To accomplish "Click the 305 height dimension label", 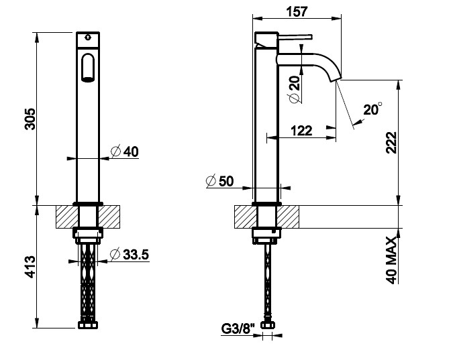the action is [30, 119].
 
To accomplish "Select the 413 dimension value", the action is [30, 267].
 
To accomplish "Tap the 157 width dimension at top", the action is [297, 12].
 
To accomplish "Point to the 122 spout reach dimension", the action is [301, 131].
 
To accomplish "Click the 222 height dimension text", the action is [392, 143].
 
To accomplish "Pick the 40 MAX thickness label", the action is [392, 260].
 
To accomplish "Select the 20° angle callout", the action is [372, 109].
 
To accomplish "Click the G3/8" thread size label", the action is [239, 328].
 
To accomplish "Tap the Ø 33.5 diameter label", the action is [130, 254].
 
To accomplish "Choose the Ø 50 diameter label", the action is [219, 181].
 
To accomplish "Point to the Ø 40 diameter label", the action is [125, 152].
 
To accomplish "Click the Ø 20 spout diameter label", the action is [294, 89].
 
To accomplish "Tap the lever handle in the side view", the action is [295, 37].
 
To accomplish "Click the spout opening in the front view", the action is [88, 68].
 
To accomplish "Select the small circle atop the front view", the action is [88, 38].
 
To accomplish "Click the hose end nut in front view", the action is [88, 324].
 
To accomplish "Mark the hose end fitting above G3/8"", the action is [268, 324].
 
